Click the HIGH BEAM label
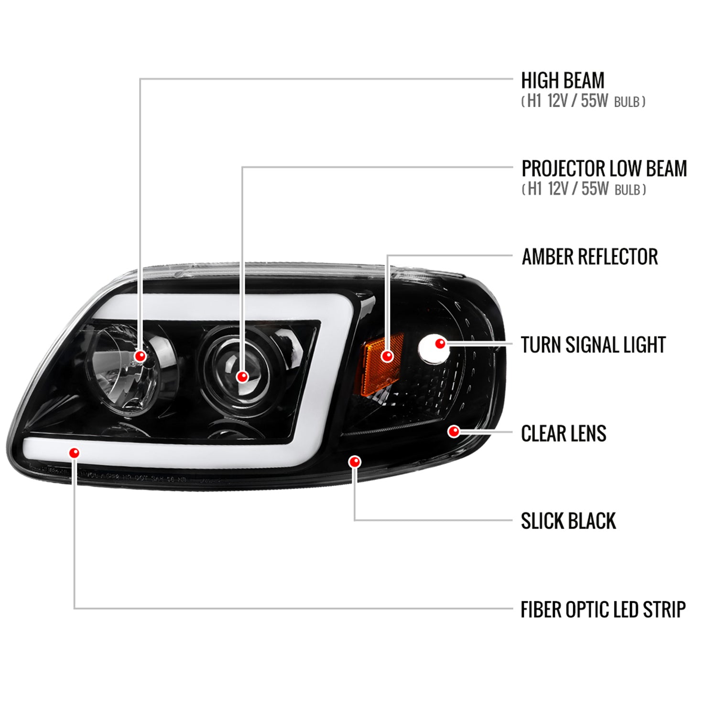point(563,81)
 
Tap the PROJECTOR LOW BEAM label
point(604,169)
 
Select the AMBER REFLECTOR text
point(589,257)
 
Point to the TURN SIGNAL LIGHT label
point(593,345)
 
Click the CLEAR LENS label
point(563,434)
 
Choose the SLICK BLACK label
point(568,521)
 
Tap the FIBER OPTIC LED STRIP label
point(603,609)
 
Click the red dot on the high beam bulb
point(141,356)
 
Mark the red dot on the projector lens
point(243,377)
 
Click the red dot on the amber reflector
point(387,356)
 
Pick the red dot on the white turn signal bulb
point(440,343)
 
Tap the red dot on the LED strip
point(74,452)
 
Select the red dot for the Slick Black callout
point(355,462)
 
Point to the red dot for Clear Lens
point(454,432)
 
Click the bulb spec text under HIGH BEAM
point(583,101)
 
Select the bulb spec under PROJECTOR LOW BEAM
point(583,189)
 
